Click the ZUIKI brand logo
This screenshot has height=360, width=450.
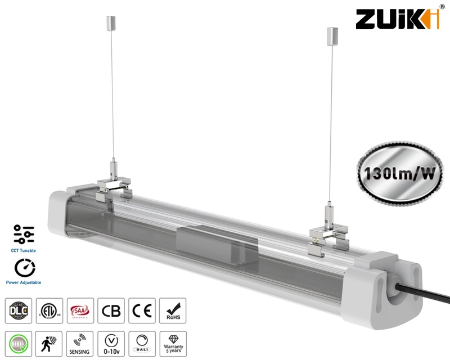pyautogui.click(x=397, y=19)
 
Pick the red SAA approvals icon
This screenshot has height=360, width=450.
pyautogui.click(x=79, y=311)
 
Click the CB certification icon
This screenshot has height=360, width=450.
pyautogui.click(x=110, y=311)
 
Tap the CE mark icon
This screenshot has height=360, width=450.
pyautogui.click(x=141, y=311)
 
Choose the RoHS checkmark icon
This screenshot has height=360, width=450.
pyautogui.click(x=172, y=311)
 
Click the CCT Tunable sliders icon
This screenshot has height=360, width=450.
pyautogui.click(x=24, y=235)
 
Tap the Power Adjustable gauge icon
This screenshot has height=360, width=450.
pyautogui.click(x=24, y=267)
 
